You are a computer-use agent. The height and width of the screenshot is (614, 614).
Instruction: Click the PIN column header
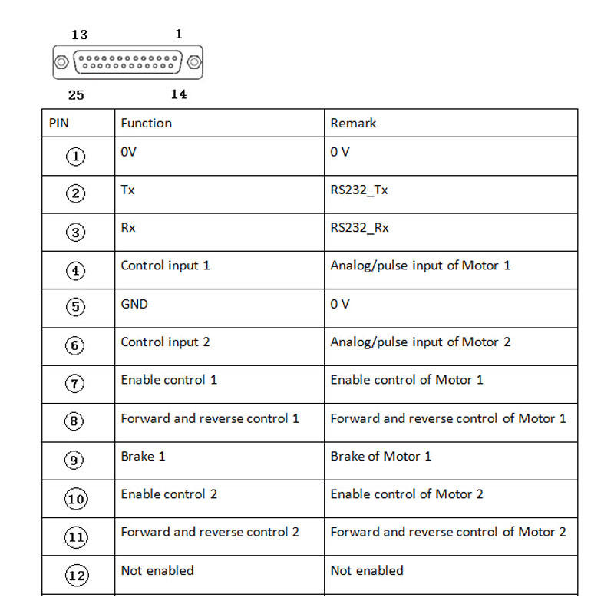58,123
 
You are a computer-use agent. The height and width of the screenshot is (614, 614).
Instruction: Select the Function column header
146,123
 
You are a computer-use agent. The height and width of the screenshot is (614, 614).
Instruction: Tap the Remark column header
353,123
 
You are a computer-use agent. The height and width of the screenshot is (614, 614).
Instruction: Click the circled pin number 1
76,156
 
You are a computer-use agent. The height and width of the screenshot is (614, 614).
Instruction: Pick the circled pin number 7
76,384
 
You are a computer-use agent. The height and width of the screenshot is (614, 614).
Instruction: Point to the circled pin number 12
76,576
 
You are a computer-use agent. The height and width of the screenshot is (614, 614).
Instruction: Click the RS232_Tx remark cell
359,190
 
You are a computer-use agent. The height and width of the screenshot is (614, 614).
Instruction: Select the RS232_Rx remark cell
359,228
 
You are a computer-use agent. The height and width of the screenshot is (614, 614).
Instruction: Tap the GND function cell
134,304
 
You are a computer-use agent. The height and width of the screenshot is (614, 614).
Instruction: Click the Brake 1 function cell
143,456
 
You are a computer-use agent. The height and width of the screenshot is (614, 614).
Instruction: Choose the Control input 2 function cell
165,342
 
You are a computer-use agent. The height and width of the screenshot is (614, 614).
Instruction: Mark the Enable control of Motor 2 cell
407,494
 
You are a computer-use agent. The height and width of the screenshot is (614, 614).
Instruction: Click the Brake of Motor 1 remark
381,456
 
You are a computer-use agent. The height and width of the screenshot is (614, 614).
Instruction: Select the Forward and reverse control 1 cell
210,418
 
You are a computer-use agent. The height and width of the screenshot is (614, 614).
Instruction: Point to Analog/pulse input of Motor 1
420,266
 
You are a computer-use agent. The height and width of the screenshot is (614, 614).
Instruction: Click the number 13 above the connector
79,35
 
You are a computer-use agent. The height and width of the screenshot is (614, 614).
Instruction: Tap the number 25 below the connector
76,95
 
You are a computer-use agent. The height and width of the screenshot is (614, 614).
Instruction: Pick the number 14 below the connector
178,94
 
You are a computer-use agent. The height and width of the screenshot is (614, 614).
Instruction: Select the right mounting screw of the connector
194,62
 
